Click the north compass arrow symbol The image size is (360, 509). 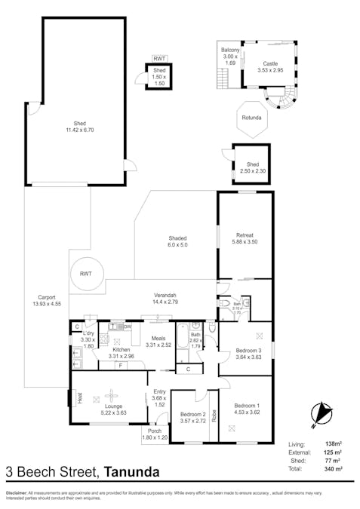click(323, 413)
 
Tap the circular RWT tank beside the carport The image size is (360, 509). click(85, 274)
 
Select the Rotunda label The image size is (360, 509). click(252, 118)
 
